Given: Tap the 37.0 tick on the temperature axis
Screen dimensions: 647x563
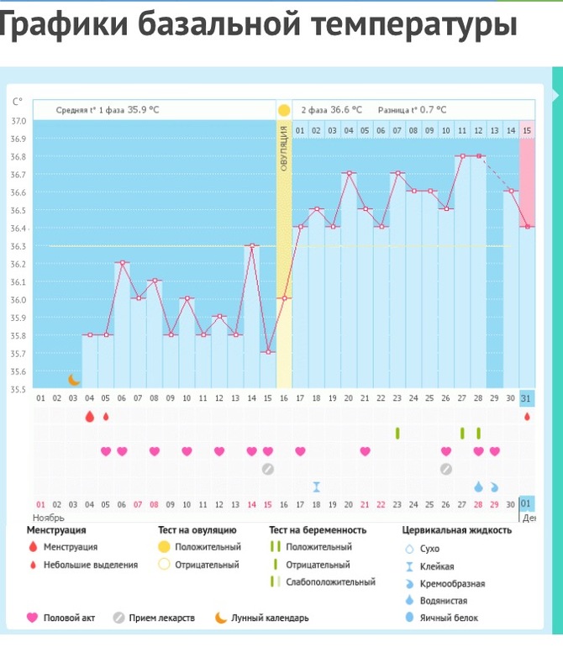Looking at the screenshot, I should pos(18,121).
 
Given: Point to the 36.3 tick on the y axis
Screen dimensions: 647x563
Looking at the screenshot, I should pos(18,246).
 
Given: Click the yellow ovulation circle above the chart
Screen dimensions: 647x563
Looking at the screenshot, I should pos(284,110).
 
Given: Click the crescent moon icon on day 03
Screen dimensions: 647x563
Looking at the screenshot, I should pos(75,380).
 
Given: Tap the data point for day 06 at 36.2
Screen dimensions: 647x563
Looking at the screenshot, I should pos(123,263).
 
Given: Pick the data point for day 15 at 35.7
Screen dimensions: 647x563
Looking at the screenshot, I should pos(268,352).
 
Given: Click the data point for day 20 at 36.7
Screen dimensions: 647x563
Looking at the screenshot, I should pos(349,174).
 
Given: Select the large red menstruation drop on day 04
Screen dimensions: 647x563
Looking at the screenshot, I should pos(90,416).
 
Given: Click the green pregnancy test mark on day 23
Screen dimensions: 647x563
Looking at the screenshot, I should pos(397,433).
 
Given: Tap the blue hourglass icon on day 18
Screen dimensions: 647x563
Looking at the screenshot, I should pos(317,487).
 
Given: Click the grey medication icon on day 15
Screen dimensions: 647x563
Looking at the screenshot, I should pos(268,469).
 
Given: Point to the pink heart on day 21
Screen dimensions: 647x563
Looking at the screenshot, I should pos(365,451).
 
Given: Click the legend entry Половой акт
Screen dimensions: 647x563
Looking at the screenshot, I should pos(69,618).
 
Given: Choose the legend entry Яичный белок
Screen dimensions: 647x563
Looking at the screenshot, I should pos(455,618).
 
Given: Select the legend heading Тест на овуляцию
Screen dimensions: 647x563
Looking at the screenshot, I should pos(197,530).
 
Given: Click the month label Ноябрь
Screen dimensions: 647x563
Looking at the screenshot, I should pos(49,518).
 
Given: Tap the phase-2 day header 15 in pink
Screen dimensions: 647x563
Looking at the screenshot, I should pos(527,130).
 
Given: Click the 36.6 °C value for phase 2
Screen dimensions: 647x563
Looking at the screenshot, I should pos(345,109).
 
